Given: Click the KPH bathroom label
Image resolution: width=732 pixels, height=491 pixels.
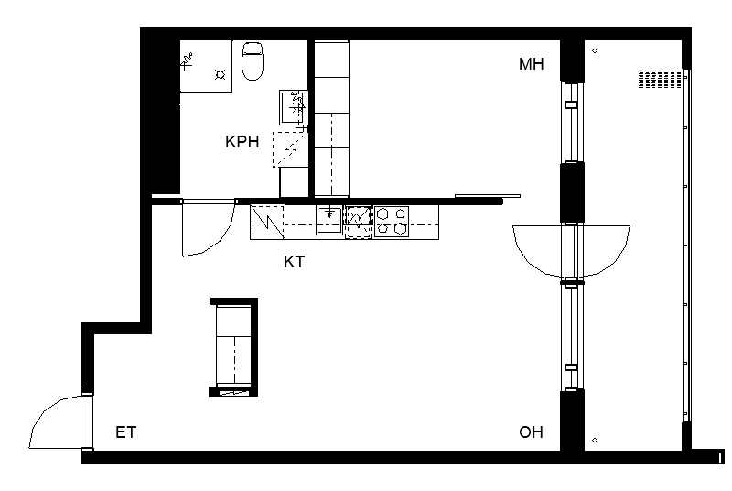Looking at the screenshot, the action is pyautogui.click(x=242, y=142).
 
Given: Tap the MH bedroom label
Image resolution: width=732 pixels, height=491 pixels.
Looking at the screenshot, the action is pyautogui.click(x=532, y=63).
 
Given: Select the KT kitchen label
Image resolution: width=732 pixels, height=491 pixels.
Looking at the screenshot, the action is pyautogui.click(x=294, y=262).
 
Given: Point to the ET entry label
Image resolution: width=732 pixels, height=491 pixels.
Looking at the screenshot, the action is pyautogui.click(x=126, y=432).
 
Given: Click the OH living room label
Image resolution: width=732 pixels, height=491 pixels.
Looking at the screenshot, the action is pyautogui.click(x=532, y=432).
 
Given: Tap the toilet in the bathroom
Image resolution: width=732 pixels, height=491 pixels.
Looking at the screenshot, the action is pyautogui.click(x=253, y=60).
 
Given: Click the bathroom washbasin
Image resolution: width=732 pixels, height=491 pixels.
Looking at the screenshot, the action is pyautogui.click(x=293, y=107).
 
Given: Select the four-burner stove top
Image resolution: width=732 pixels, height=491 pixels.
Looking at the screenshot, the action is pyautogui.click(x=392, y=222).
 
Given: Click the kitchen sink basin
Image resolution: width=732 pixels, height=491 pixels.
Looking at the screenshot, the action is pyautogui.click(x=329, y=220).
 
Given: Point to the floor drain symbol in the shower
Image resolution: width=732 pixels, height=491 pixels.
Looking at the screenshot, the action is pyautogui.click(x=221, y=74).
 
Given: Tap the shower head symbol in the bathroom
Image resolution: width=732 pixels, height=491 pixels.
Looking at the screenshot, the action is pyautogui.click(x=187, y=61).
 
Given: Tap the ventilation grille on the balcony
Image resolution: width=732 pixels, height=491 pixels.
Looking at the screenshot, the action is pyautogui.click(x=660, y=79).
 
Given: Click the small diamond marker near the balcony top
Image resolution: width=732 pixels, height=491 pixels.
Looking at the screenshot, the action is pyautogui.click(x=595, y=51).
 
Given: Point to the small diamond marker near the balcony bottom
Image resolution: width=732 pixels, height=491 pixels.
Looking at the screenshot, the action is pyautogui.click(x=595, y=440).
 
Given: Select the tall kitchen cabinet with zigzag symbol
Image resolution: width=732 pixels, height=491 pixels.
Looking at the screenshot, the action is pyautogui.click(x=267, y=223).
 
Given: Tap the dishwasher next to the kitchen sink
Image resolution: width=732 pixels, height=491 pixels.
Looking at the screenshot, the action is pyautogui.click(x=358, y=223).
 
